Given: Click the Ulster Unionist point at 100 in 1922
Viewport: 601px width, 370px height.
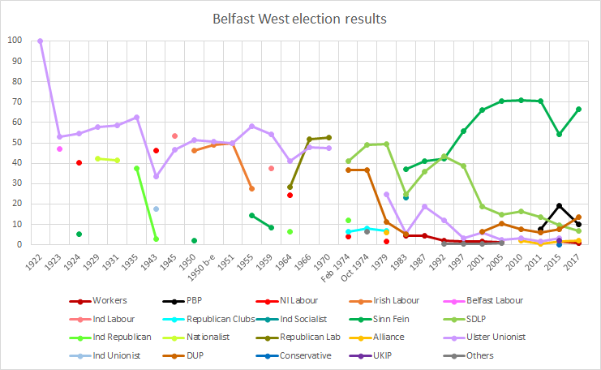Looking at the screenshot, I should point(41,41).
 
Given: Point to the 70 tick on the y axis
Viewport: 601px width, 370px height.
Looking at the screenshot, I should point(17,101).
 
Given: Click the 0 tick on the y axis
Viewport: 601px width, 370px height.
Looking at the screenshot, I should point(19,244).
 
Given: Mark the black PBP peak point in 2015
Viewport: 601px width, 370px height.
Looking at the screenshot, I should point(560,205).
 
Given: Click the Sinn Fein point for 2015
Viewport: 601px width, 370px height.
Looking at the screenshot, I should point(560,134).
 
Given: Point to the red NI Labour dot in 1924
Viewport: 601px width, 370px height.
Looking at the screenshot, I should point(79,162).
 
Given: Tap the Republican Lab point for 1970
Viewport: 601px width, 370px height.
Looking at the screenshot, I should point(328,137).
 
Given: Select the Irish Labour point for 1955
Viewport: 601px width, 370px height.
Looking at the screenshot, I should point(251,188).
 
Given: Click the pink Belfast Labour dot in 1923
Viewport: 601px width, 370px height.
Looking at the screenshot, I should point(60,148).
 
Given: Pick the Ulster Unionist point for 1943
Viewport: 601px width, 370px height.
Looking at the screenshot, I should point(156,176).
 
